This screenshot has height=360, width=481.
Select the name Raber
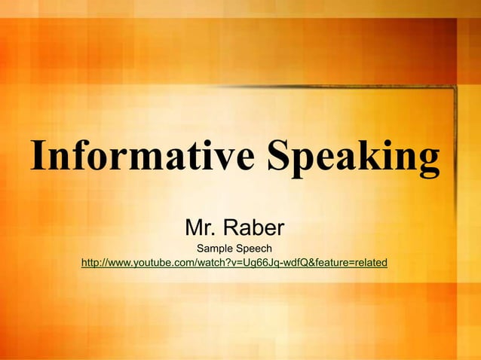(254, 227)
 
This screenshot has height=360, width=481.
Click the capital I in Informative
(38, 156)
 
